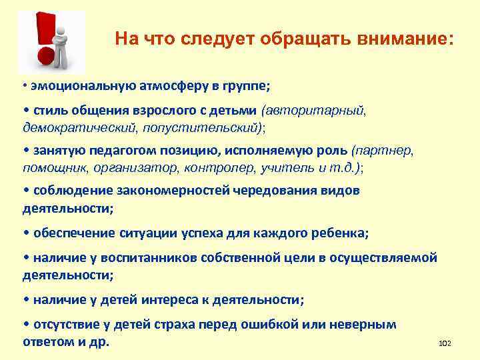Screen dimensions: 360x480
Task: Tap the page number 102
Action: pyautogui.click(x=445, y=343)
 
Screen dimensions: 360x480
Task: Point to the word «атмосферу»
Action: pyautogui.click(x=174, y=87)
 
